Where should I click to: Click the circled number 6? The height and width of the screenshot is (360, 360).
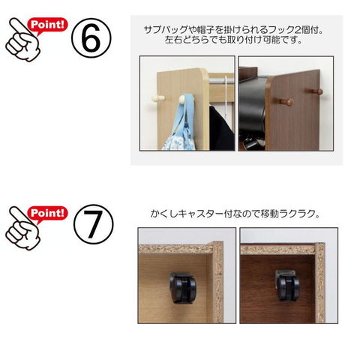(91, 38)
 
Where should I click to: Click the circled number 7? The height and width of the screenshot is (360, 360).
(94, 224)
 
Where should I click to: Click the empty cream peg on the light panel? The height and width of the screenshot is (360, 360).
(157, 98)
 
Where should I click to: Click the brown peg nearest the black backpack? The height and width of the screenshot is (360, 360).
(286, 101)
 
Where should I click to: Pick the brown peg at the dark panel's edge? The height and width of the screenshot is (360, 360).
(316, 91)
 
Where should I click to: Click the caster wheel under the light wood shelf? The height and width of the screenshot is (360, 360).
(182, 287)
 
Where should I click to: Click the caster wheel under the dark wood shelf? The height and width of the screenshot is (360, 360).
(289, 285)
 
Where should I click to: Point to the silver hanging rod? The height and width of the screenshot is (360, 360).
(221, 80)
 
